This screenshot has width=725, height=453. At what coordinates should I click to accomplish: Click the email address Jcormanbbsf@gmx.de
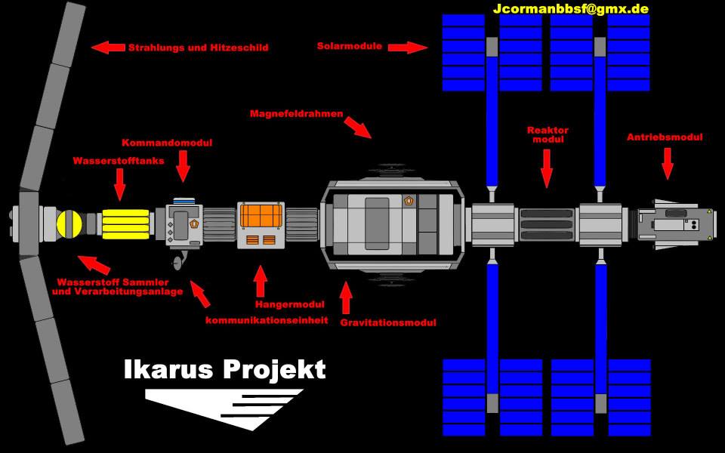[570, 9]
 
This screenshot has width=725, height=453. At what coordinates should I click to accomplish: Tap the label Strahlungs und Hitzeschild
[198, 48]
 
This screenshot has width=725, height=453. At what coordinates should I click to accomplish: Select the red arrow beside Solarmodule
[408, 48]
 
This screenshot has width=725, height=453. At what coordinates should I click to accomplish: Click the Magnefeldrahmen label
[296, 114]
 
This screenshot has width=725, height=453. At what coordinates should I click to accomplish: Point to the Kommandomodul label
[167, 143]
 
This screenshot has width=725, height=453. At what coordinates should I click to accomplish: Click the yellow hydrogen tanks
[123, 223]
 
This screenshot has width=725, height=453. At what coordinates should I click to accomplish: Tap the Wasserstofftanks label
[118, 161]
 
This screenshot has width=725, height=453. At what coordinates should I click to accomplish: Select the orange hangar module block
[261, 216]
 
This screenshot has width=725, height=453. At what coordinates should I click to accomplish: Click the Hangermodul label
[289, 304]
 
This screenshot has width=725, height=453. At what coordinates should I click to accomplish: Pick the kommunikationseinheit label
[267, 320]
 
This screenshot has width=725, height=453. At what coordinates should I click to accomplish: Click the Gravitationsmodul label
[388, 322]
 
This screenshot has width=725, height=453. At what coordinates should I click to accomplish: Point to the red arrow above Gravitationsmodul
[346, 298]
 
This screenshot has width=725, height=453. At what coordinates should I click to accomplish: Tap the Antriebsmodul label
[665, 137]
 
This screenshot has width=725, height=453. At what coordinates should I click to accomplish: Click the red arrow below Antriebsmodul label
[668, 163]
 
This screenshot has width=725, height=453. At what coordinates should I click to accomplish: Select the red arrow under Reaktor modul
[547, 168]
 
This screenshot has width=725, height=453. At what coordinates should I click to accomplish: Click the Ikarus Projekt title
[224, 370]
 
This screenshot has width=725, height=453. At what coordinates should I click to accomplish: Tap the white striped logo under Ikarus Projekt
[227, 406]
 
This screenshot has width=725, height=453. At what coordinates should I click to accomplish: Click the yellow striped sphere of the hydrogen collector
[69, 223]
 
